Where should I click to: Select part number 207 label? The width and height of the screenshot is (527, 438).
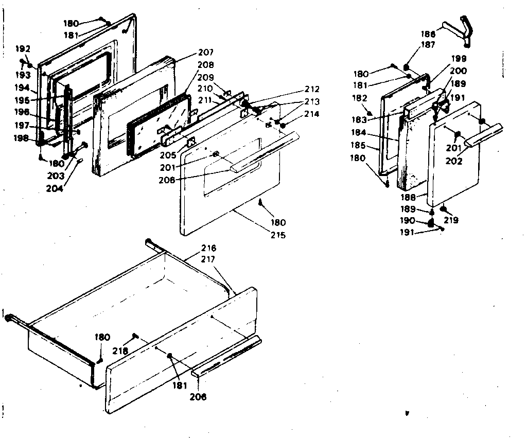206,53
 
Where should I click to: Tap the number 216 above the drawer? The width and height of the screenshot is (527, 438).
209,249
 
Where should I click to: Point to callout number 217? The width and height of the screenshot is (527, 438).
209,260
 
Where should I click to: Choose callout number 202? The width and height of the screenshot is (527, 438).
454,161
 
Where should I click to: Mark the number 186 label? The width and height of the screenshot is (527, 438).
428,34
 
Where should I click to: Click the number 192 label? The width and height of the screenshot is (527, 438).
23,49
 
